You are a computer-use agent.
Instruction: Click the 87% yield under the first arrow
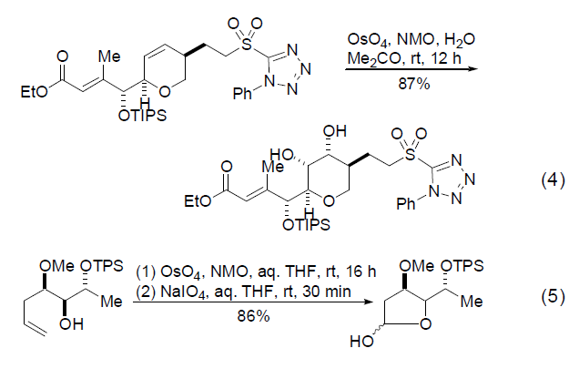tap(414, 84)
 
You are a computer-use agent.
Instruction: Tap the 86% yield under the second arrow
tap(253, 316)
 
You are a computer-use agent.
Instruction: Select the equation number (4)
tap(553, 180)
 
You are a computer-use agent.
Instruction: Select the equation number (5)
tap(553, 297)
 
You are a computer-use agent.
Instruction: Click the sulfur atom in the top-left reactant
tap(246, 45)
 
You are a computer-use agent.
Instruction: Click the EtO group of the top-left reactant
tap(34, 91)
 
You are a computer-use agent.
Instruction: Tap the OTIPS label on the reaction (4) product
tap(306, 225)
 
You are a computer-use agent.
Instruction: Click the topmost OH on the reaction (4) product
tap(334, 131)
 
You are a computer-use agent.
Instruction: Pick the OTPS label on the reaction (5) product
tap(462, 266)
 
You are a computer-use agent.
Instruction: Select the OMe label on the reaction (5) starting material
tap(56, 266)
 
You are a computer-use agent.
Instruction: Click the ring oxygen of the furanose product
tap(425, 324)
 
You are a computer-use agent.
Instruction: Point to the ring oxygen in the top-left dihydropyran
tap(165, 91)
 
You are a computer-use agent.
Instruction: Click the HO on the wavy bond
tap(361, 341)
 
